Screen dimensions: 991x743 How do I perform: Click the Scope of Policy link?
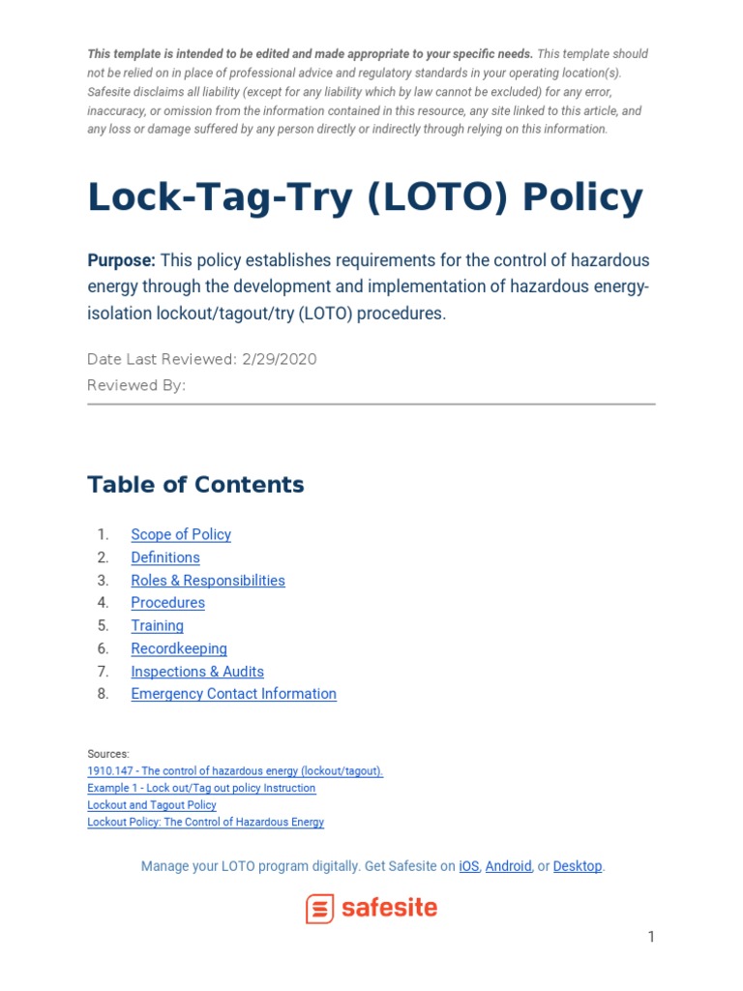click(181, 534)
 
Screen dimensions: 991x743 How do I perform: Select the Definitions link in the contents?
click(165, 557)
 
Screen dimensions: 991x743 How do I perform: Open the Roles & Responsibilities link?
click(208, 581)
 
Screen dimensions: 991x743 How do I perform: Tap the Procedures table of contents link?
click(167, 603)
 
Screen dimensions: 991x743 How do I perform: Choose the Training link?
click(157, 626)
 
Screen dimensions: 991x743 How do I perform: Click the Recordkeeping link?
click(179, 648)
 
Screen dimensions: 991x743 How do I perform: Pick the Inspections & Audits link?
click(197, 672)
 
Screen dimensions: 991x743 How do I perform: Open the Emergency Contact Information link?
click(233, 694)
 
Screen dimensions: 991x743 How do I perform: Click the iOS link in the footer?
click(468, 866)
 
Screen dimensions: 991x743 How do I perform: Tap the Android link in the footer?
click(508, 866)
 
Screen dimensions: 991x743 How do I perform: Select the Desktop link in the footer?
click(577, 866)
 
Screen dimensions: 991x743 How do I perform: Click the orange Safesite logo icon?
click(319, 909)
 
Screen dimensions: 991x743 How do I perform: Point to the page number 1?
click(651, 937)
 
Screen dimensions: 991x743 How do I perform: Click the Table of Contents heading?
click(195, 485)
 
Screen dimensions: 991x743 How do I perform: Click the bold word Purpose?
click(121, 260)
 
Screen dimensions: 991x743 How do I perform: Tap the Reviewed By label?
click(135, 385)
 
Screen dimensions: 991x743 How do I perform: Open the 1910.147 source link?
click(235, 771)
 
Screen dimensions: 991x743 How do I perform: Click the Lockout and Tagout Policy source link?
click(152, 805)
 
